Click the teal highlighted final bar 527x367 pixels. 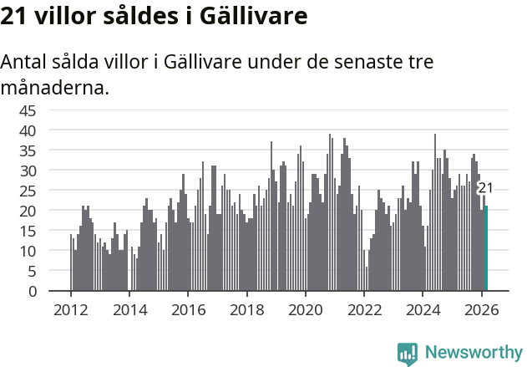click(x=486, y=249)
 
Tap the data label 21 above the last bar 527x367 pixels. click(x=485, y=188)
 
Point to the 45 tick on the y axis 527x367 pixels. click(x=28, y=110)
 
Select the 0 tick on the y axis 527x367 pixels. click(x=33, y=291)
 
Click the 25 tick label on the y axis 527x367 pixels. click(x=28, y=191)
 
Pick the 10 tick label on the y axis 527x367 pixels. click(x=28, y=251)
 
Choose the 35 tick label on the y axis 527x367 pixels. click(x=28, y=150)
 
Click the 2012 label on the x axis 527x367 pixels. click(x=70, y=308)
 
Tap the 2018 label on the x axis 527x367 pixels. click(x=246, y=308)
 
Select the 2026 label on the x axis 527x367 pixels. click(x=482, y=308)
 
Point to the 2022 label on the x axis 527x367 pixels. click(x=364, y=308)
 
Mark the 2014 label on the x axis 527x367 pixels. click(x=129, y=308)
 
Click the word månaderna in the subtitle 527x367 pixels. click(x=55, y=87)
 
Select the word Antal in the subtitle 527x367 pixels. click(x=25, y=63)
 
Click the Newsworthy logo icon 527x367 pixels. click(x=408, y=353)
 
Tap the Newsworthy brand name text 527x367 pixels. click(x=473, y=353)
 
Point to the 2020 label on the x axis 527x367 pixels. click(x=306, y=308)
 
